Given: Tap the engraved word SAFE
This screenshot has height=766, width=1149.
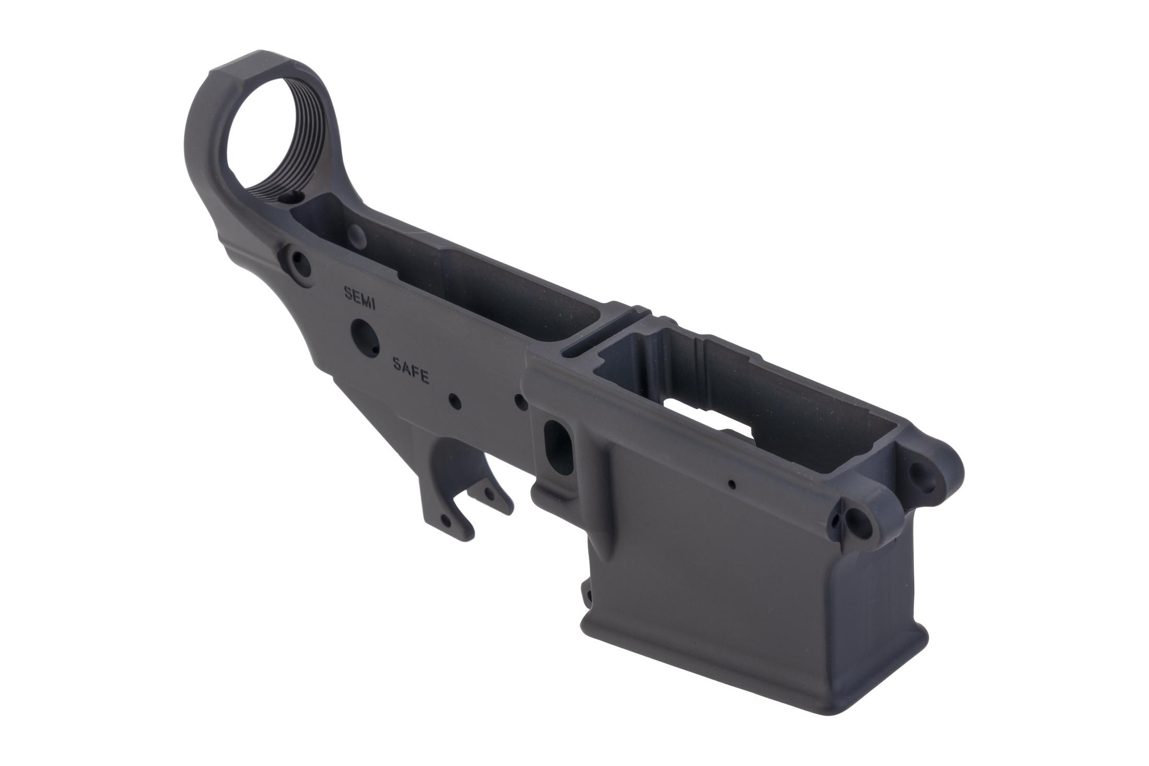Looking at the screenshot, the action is [411, 370].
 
